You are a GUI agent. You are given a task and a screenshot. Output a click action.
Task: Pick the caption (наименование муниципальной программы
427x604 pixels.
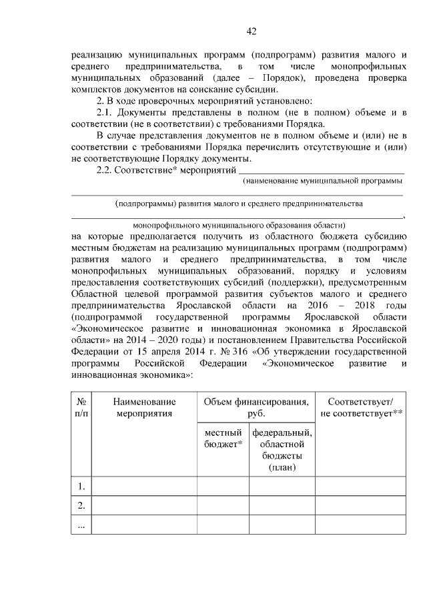pos(323,181)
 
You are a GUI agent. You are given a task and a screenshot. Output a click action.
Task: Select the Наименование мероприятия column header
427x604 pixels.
pos(144,407)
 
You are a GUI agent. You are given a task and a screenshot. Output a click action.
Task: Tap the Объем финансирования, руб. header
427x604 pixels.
pos(256,407)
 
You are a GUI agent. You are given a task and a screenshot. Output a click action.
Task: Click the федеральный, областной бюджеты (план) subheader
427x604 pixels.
pos(282,450)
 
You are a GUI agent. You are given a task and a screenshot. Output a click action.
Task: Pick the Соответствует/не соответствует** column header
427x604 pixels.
pos(360,407)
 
